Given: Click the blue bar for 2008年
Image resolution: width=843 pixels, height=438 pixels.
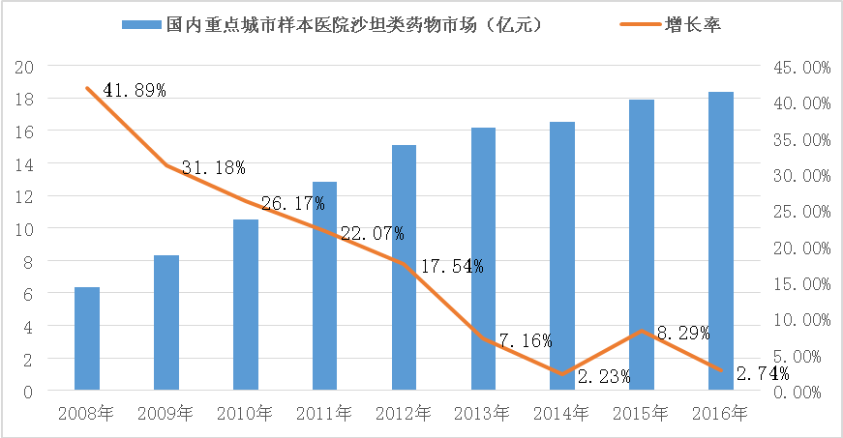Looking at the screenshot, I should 87,338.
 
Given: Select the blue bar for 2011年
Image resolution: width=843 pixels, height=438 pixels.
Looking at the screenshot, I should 324,286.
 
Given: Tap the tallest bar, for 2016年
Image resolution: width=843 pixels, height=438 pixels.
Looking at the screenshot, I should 721,242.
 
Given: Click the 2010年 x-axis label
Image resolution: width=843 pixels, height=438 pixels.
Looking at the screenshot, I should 245,414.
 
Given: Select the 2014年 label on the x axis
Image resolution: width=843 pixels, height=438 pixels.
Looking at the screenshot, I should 562,414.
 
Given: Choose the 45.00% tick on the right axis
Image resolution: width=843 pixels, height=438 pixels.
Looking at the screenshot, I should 802,68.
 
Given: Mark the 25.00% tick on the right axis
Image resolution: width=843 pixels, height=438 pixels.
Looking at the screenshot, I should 802,212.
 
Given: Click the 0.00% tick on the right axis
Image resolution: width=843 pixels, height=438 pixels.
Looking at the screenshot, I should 805,392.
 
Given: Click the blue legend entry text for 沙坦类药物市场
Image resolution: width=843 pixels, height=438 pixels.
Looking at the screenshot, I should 349,25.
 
